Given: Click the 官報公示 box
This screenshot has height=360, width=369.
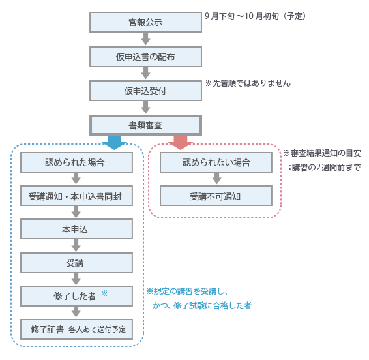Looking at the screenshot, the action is [x=145, y=22].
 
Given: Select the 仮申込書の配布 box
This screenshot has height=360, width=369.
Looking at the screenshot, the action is [x=145, y=57].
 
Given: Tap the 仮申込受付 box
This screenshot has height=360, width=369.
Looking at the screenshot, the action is [x=145, y=91].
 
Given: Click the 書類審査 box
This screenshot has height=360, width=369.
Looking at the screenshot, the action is [x=145, y=125].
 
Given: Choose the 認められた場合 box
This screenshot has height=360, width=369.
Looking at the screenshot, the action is [x=76, y=162].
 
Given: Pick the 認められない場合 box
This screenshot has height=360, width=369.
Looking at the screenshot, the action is [x=216, y=162].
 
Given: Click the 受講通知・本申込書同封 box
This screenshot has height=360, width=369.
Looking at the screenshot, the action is [x=76, y=196].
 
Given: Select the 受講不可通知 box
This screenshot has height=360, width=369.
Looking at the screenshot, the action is [x=216, y=196].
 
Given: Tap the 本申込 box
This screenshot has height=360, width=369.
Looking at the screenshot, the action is [x=76, y=229].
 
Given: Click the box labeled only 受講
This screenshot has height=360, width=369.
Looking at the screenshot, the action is [x=76, y=263].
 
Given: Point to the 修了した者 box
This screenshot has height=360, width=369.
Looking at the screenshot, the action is [x=76, y=296].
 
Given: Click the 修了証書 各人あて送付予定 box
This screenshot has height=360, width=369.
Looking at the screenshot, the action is [x=76, y=329].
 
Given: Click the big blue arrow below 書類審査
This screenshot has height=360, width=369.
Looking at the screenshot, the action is [x=114, y=143].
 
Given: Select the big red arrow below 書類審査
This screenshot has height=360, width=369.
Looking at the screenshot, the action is [x=181, y=143].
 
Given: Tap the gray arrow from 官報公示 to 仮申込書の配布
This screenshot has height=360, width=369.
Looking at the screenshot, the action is [x=145, y=39].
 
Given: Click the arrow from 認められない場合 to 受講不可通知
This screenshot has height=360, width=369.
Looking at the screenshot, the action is [x=216, y=178].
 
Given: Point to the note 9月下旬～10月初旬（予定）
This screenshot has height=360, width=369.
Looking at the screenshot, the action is [x=255, y=16].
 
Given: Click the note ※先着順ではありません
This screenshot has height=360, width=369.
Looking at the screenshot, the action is [x=248, y=83].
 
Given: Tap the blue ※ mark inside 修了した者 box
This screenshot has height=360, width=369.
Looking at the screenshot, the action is [x=104, y=293].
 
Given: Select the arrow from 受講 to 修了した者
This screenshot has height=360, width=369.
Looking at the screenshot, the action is [x=76, y=279].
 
